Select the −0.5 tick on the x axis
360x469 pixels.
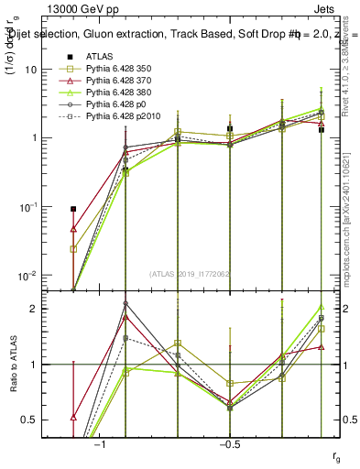(228, 443)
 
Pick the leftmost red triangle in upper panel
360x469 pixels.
(73, 229)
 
